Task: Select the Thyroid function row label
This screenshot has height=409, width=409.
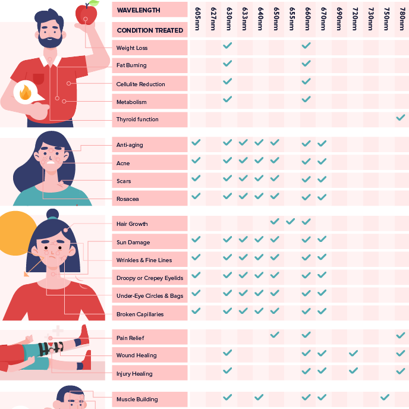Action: pyautogui.click(x=137, y=119)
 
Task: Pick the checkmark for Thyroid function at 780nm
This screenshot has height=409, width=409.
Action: pyautogui.click(x=401, y=118)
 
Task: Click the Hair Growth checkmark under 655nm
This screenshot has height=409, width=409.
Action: pyautogui.click(x=291, y=222)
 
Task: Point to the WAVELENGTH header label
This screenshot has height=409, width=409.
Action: pyautogui.click(x=139, y=10)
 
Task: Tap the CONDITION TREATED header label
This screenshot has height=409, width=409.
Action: pyautogui.click(x=150, y=30)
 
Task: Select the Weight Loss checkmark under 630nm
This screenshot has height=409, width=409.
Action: pyautogui.click(x=227, y=46)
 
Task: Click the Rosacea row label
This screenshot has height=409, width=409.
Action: pyautogui.click(x=127, y=199)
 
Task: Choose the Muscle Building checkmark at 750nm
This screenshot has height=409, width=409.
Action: pyautogui.click(x=385, y=397)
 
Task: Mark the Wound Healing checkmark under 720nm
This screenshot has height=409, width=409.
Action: pyautogui.click(x=354, y=353)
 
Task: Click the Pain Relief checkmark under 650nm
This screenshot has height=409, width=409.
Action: pyautogui.click(x=275, y=335)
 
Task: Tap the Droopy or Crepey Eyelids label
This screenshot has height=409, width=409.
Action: pyautogui.click(x=150, y=278)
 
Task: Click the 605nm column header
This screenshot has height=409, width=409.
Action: pyautogui.click(x=196, y=21)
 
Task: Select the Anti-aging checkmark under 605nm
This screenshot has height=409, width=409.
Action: pyautogui.click(x=196, y=143)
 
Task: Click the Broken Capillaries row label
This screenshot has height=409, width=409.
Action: pyautogui.click(x=140, y=314)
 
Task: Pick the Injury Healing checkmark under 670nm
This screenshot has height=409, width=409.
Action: pyautogui.click(x=322, y=371)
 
